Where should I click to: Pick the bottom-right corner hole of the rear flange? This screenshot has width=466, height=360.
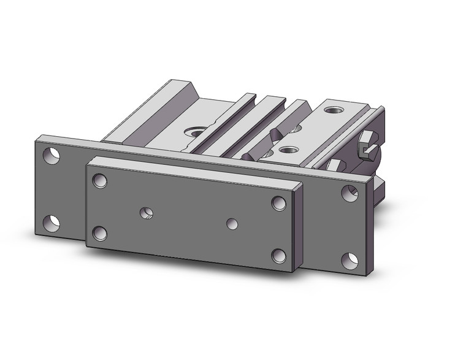tap(352, 259)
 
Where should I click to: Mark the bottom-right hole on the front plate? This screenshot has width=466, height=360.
tap(278, 256)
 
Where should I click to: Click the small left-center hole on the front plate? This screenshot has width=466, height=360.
tap(147, 213)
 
